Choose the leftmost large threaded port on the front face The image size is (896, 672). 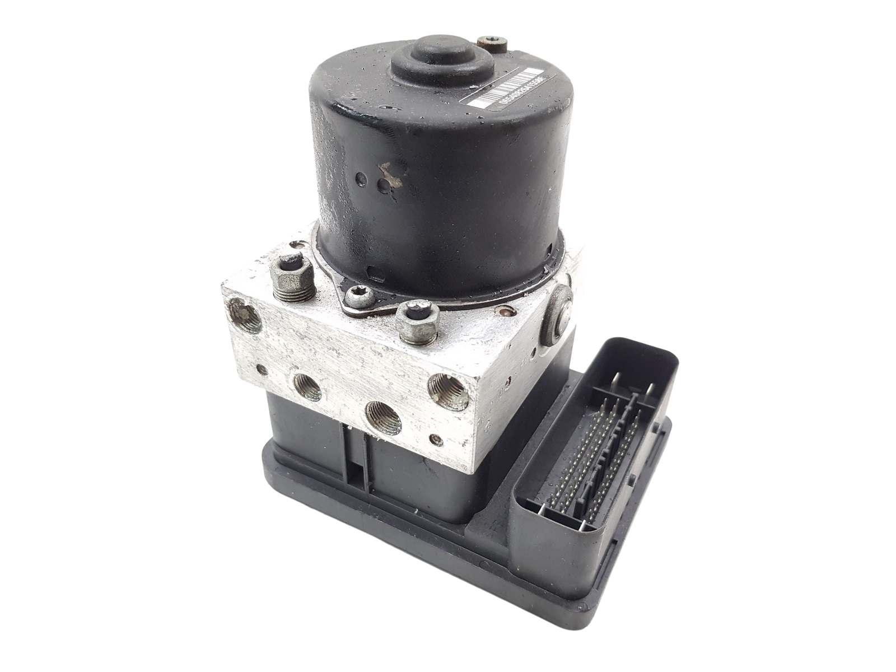(x=306, y=386)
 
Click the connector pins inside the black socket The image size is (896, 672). (x=582, y=459)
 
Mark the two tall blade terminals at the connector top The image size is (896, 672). (x=633, y=386)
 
